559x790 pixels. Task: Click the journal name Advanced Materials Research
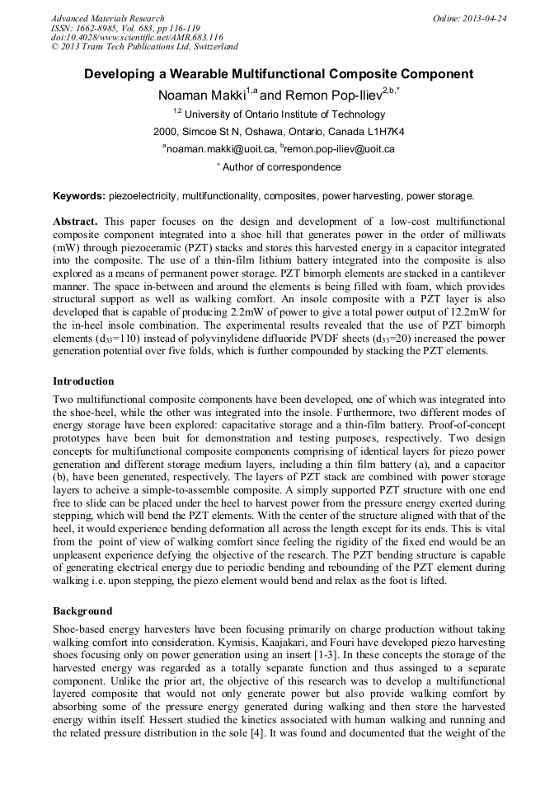pos(107,18)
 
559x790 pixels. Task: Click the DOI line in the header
pos(137,37)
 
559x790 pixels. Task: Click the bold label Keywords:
pos(79,196)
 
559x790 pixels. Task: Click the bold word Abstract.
pos(75,222)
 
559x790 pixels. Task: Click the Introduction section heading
pos(83,381)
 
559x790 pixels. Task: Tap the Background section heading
pos(82,611)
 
